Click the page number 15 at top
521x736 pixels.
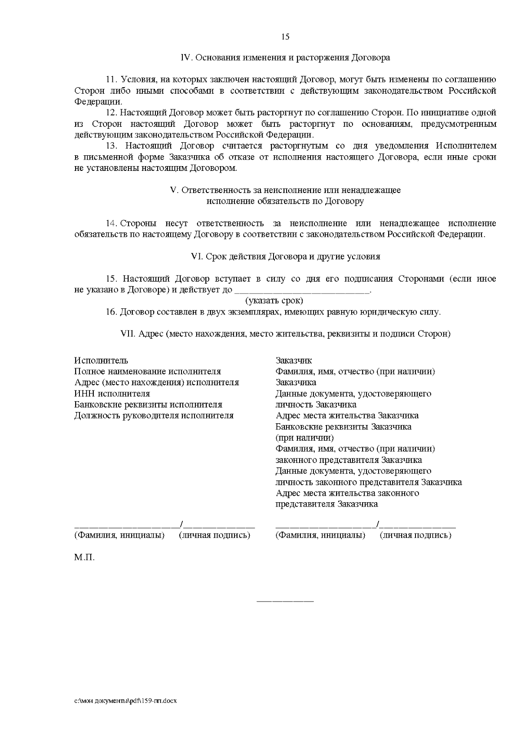[x=285, y=36]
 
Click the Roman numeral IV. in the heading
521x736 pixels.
[x=185, y=58]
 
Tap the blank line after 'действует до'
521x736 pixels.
[x=302, y=290]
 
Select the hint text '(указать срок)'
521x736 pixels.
[x=274, y=301]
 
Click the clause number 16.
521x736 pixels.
[x=112, y=312]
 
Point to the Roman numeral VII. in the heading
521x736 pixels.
[x=128, y=334]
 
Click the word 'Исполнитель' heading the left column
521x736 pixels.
[x=101, y=361]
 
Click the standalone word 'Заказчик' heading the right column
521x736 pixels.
[x=293, y=361]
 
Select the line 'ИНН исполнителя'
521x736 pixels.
[x=112, y=394]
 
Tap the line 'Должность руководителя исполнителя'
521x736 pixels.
[x=154, y=415]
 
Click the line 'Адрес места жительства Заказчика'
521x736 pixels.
[x=347, y=415]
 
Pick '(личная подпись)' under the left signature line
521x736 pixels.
[x=214, y=535]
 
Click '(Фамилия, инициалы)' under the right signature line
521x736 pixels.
[x=320, y=535]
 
